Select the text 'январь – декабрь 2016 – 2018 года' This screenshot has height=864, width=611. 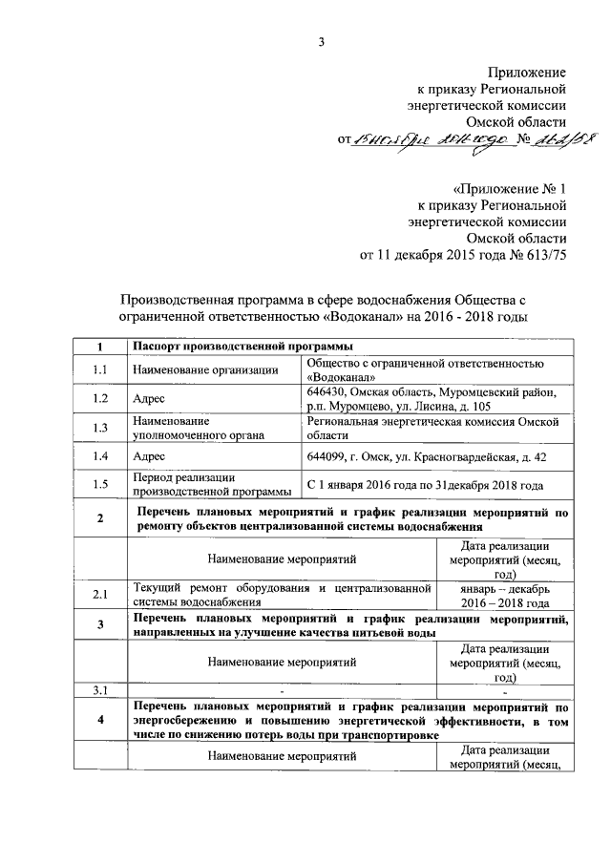(511, 596)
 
